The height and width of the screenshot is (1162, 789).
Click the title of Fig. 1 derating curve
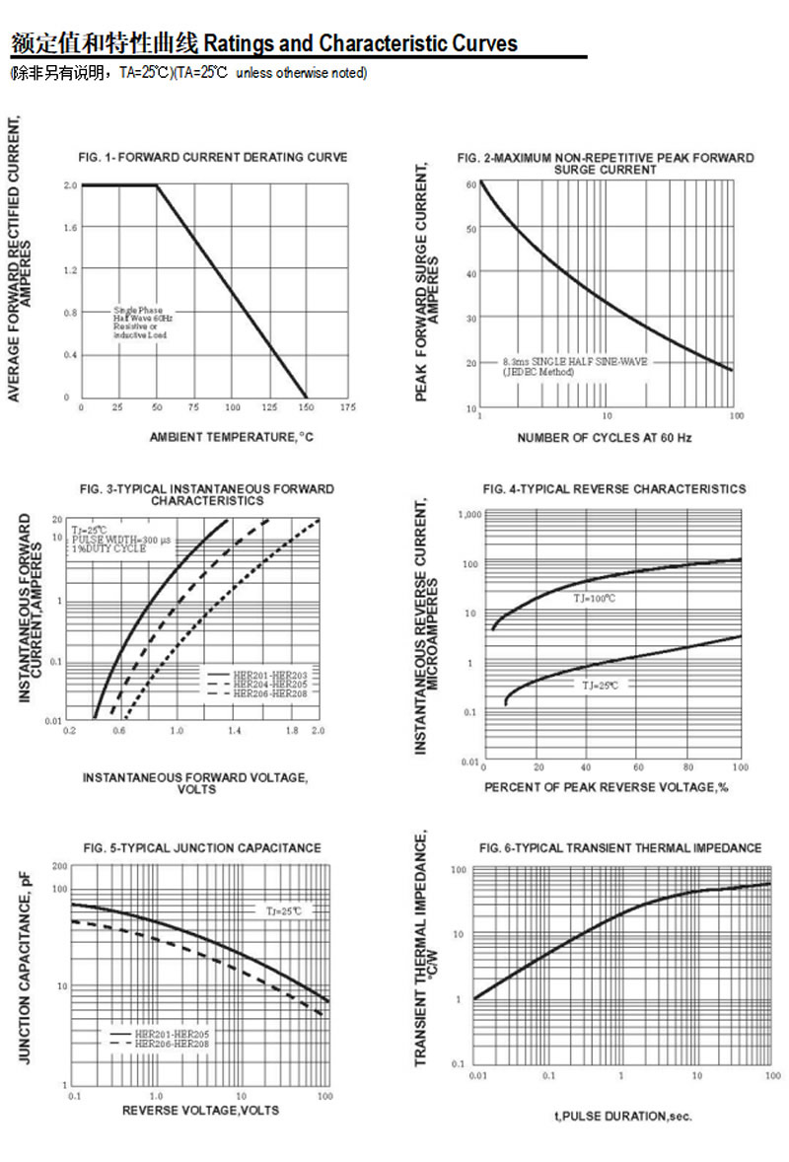click(212, 157)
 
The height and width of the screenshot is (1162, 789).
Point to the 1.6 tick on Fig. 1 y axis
click(70, 228)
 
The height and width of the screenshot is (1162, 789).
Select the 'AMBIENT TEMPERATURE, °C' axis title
click(231, 437)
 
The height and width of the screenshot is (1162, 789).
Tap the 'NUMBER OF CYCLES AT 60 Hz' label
click(605, 438)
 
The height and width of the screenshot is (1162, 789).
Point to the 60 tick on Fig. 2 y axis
click(471, 184)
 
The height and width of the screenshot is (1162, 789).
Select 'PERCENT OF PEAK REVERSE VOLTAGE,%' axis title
click(606, 787)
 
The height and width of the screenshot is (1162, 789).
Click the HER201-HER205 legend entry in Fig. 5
click(173, 1033)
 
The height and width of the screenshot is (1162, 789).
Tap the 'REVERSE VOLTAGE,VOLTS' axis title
click(200, 1111)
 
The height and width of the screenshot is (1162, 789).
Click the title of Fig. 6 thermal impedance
click(620, 848)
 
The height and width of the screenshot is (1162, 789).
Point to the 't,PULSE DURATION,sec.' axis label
click(623, 1117)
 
